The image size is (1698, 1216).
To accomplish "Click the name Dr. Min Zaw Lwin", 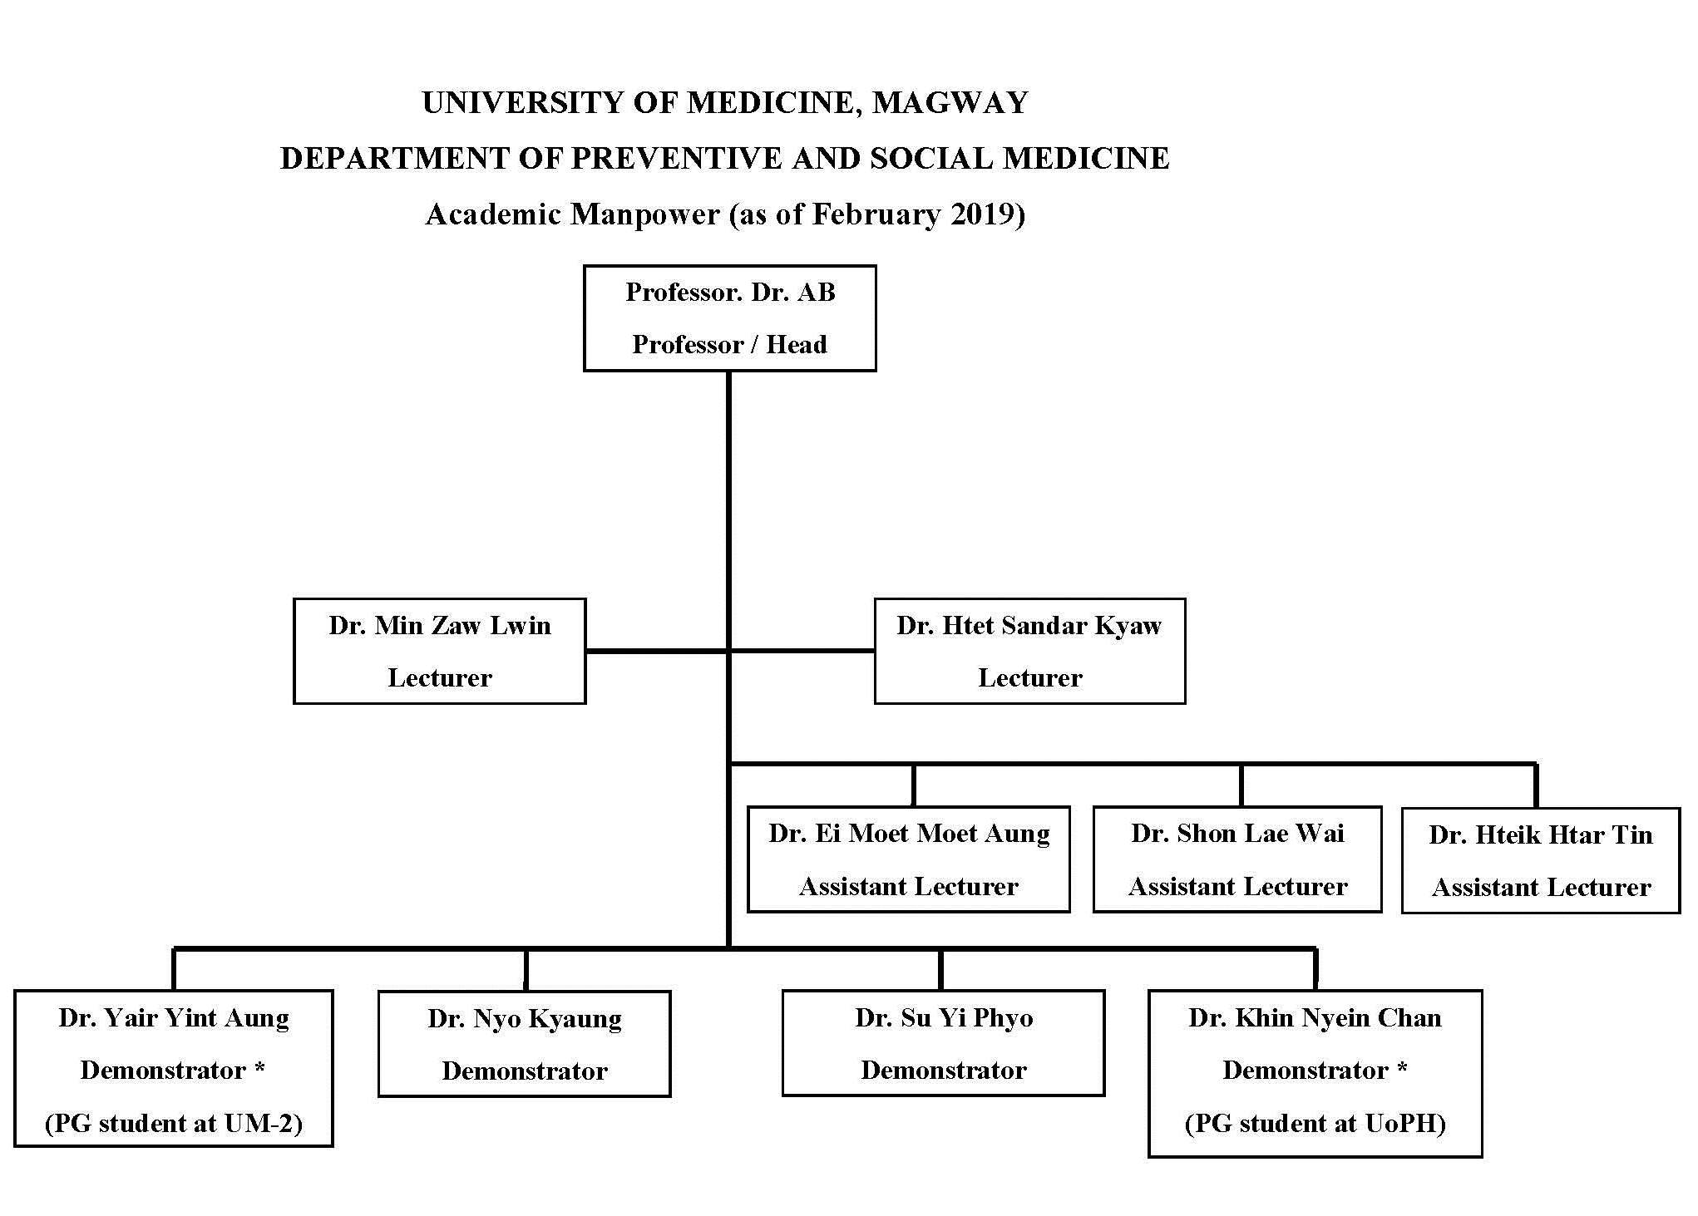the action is pyautogui.click(x=440, y=625).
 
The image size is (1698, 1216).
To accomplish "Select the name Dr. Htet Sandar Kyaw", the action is pyautogui.click(x=1029, y=625).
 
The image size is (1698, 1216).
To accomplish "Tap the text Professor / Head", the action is pyautogui.click(x=729, y=344).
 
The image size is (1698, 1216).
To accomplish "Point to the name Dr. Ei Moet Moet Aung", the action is pyautogui.click(x=909, y=833).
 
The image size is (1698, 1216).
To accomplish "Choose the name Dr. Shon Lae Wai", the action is pyautogui.click(x=1237, y=833).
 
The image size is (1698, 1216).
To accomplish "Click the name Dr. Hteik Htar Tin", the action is pyautogui.click(x=1541, y=834).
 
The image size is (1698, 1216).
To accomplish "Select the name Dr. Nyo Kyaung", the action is pyautogui.click(x=525, y=1019).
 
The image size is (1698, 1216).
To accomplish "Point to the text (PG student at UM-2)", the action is pyautogui.click(x=174, y=1123).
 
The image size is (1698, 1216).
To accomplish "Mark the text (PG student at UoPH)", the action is pyautogui.click(x=1315, y=1123).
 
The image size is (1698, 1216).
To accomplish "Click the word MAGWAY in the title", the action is pyautogui.click(x=950, y=102).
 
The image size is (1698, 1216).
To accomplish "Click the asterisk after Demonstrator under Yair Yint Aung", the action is pyautogui.click(x=259, y=1067).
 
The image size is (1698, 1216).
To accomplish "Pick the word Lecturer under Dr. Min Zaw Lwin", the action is pyautogui.click(x=440, y=678).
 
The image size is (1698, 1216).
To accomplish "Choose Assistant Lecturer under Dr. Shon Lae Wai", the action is pyautogui.click(x=1237, y=886).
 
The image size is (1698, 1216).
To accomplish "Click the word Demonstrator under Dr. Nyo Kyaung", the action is pyautogui.click(x=525, y=1071).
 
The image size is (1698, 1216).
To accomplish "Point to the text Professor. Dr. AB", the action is pyautogui.click(x=730, y=292).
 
